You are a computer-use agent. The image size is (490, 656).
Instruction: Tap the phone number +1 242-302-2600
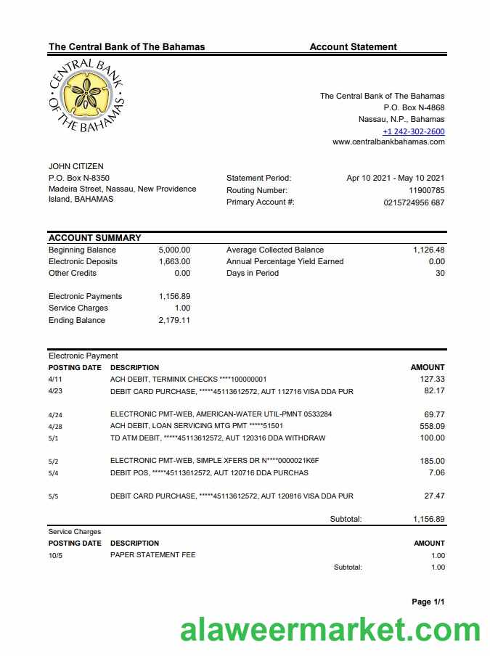pos(414,131)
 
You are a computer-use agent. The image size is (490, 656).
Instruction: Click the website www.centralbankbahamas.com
pos(388,142)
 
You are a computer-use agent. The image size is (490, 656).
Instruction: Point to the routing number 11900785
pos(427,190)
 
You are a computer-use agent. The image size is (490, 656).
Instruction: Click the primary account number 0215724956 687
pos(414,202)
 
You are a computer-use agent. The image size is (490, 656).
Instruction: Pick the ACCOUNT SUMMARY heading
pos(94,237)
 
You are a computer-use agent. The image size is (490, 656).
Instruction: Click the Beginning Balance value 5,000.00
pos(174,250)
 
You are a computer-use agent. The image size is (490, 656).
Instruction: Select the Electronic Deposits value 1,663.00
pos(174,261)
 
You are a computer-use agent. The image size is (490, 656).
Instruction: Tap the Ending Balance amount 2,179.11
pos(174,320)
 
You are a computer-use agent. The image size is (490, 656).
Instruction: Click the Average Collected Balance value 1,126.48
pos(428,250)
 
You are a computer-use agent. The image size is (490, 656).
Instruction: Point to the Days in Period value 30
pos(439,273)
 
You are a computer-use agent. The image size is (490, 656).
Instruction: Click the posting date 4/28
pos(55,426)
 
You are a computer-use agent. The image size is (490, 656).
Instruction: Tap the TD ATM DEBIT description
pos(218,438)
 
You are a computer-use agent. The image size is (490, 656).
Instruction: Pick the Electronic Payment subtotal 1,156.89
pos(428,519)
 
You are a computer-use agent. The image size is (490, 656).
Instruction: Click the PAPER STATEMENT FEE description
pos(152,555)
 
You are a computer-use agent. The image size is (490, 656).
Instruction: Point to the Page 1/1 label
pos(428,602)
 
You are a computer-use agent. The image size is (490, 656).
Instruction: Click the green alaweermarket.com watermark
pos(330,631)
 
